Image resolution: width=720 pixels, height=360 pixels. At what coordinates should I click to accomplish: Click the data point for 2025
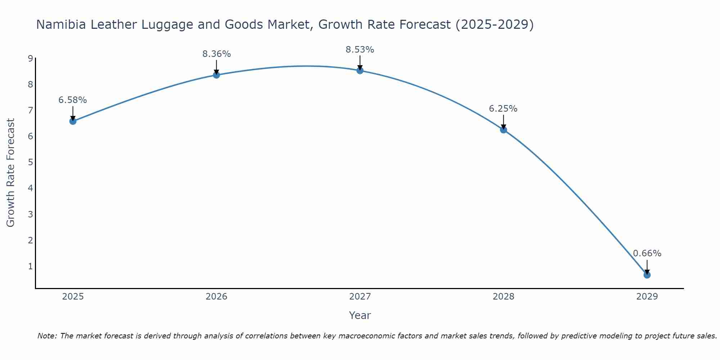(x=73, y=121)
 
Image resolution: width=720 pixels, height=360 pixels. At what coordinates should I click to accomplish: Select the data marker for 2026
(x=216, y=75)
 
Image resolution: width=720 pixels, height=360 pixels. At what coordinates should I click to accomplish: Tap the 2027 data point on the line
(x=360, y=71)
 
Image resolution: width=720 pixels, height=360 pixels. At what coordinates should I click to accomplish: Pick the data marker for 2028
(x=504, y=130)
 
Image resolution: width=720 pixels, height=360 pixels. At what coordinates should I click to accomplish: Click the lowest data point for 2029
(x=647, y=275)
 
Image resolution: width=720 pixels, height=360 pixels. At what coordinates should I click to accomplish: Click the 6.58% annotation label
(x=73, y=100)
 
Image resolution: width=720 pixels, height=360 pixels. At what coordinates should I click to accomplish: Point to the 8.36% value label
(x=216, y=54)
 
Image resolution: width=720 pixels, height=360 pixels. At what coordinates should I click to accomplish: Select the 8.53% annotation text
(x=360, y=50)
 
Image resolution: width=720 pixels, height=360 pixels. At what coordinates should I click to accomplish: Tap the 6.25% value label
(x=503, y=109)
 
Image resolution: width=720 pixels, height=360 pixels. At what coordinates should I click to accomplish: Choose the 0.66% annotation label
(x=647, y=253)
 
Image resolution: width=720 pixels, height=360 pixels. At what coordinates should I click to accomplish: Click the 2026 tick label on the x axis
(x=216, y=297)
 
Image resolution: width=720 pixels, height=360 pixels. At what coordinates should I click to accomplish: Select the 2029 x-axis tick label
(x=647, y=297)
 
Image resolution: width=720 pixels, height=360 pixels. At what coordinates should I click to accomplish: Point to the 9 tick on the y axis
(x=30, y=59)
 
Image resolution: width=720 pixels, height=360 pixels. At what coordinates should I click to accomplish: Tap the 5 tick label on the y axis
(x=30, y=162)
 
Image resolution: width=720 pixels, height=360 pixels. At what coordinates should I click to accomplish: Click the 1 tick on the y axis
(x=30, y=266)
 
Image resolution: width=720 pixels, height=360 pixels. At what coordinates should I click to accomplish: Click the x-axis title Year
(x=360, y=315)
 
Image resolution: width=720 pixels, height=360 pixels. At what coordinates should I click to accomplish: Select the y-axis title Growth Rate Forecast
(x=11, y=173)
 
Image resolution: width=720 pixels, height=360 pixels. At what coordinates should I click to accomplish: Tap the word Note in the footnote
(x=47, y=336)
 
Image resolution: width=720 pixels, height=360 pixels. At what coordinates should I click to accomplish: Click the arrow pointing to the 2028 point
(x=504, y=122)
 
